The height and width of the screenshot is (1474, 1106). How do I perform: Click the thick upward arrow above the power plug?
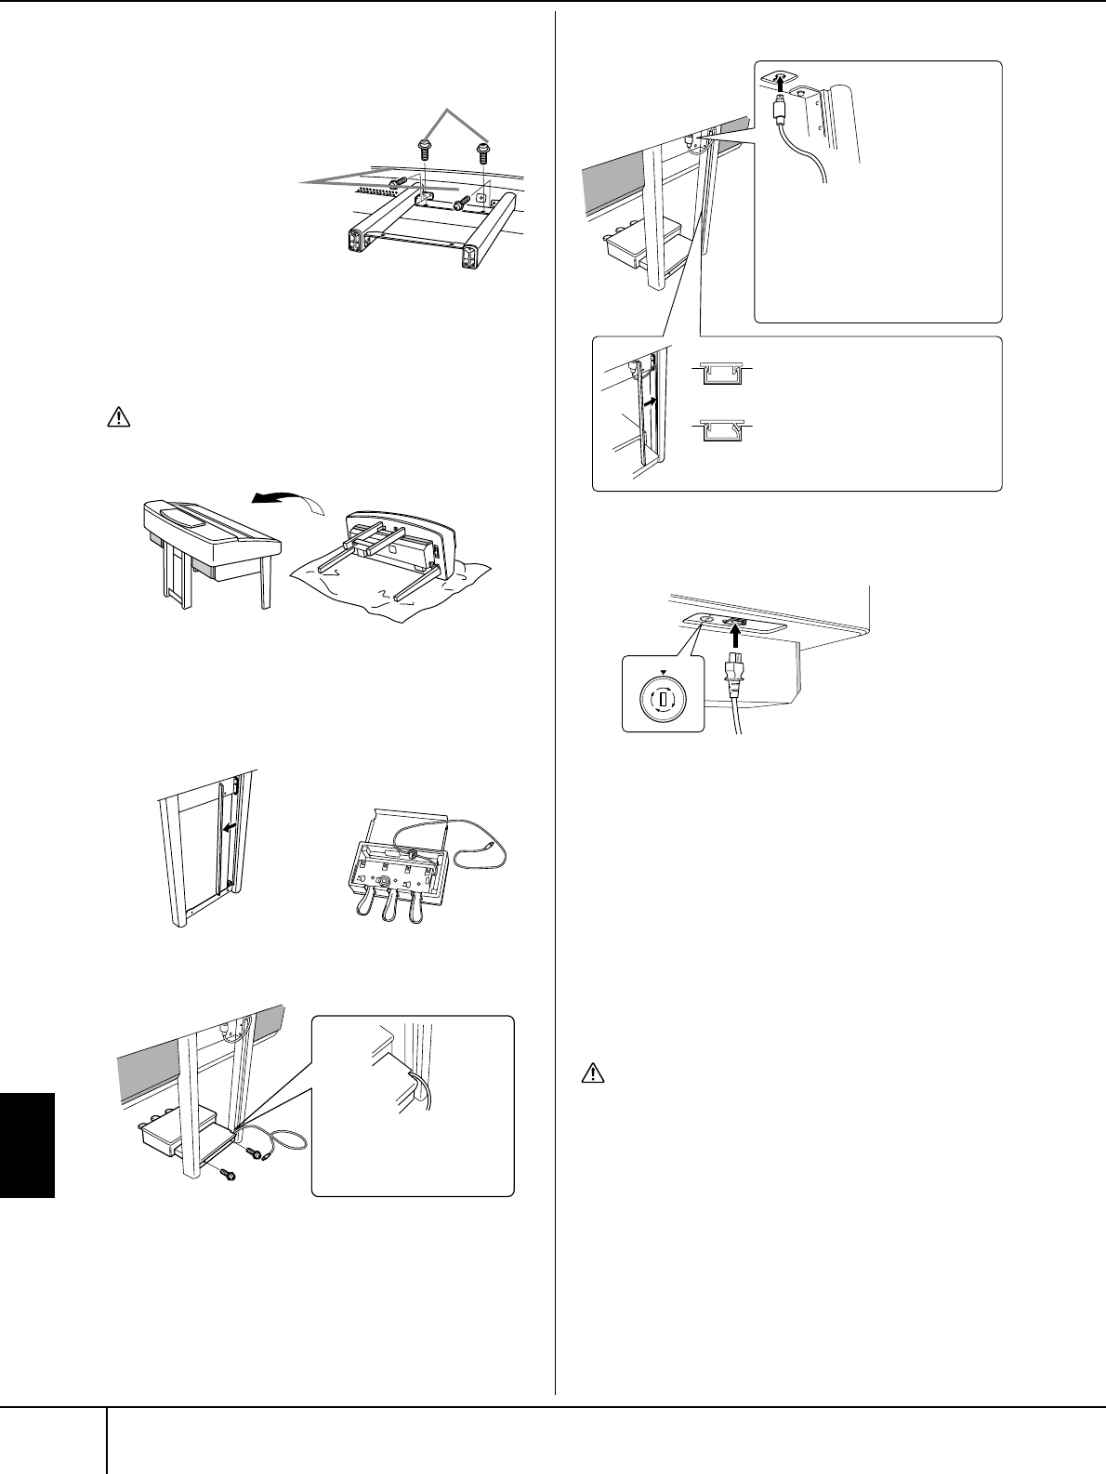pos(735,635)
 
